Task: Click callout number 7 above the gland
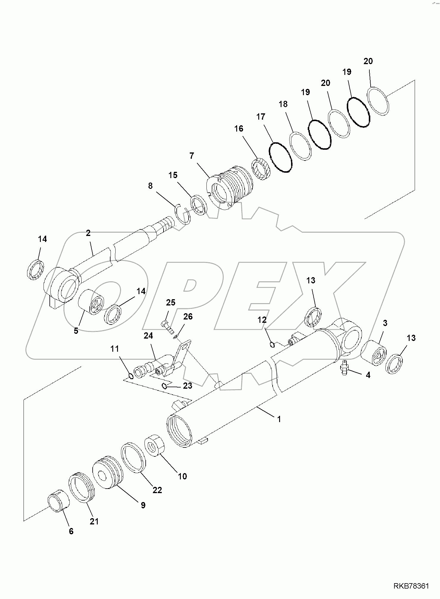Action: (192, 156)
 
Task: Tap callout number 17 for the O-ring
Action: (261, 117)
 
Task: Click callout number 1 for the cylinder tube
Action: (279, 419)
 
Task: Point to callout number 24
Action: (148, 336)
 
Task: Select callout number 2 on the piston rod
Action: (88, 233)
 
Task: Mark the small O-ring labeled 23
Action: (164, 386)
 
